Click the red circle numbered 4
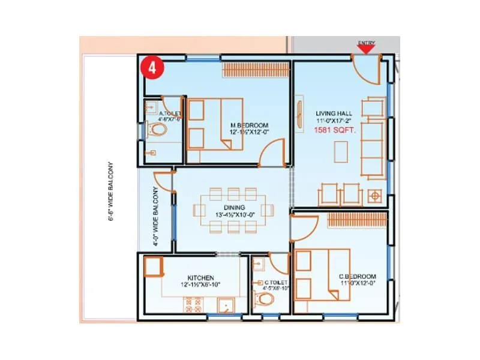[152, 67]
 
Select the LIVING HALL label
[334, 113]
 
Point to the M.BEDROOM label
[246, 125]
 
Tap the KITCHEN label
[200, 278]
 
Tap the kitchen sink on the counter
[226, 305]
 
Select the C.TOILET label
[276, 282]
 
